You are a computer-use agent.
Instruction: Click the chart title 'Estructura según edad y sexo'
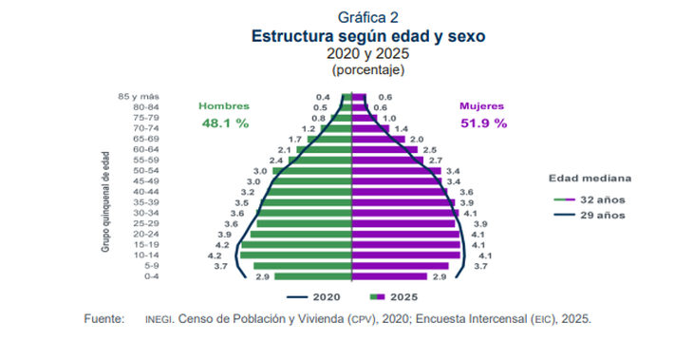[x=368, y=36]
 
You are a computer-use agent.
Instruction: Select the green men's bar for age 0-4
[x=313, y=276]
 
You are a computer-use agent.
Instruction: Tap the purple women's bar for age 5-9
[x=401, y=266]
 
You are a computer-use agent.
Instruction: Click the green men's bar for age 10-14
[x=296, y=256]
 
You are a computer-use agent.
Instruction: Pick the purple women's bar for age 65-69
[x=379, y=139]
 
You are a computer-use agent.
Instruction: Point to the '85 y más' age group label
[x=139, y=97]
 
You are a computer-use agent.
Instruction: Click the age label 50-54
[x=146, y=171]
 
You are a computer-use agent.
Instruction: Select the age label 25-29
[x=146, y=224]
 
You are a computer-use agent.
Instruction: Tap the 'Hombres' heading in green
[x=224, y=106]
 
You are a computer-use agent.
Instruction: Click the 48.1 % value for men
[x=225, y=123]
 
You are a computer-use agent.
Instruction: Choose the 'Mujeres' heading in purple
[x=481, y=106]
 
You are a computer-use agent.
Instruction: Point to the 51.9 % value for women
[x=484, y=123]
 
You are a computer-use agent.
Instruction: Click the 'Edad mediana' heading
[x=590, y=179]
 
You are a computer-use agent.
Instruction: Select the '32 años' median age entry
[x=590, y=199]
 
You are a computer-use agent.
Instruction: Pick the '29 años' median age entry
[x=590, y=216]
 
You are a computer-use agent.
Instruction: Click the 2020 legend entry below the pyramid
[x=313, y=297]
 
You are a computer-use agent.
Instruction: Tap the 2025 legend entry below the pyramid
[x=394, y=297]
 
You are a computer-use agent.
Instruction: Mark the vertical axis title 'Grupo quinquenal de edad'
[x=105, y=202]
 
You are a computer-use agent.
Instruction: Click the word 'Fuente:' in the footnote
[x=104, y=319]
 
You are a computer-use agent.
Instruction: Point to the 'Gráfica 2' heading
[x=368, y=17]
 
